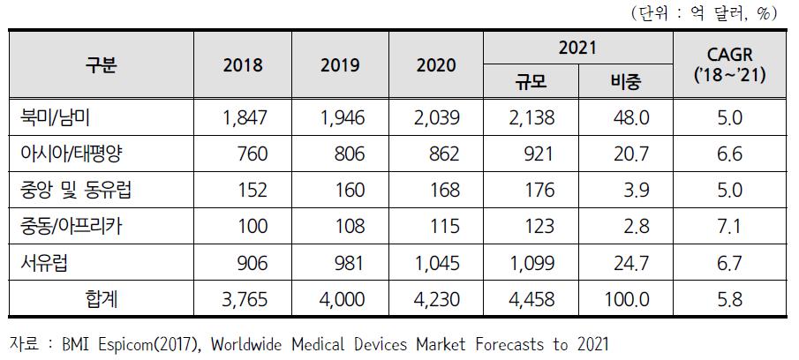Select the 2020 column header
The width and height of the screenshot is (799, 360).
437,65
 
